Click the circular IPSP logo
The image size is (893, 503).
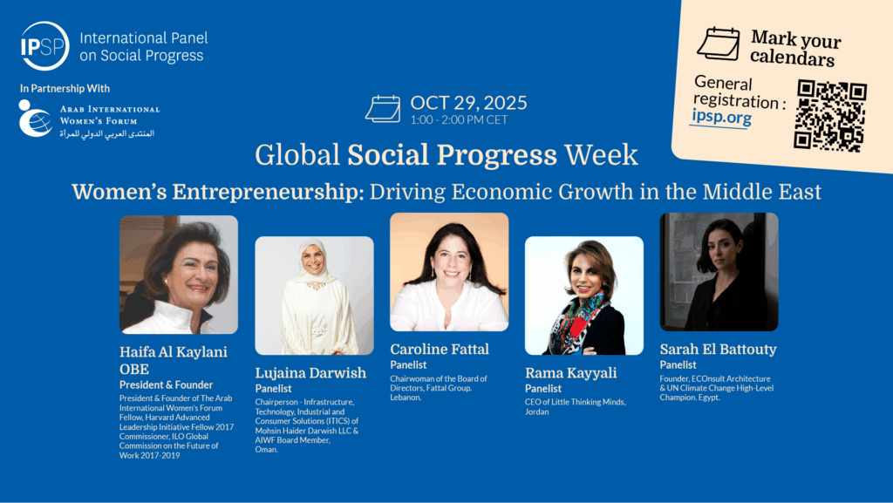[x=44, y=46]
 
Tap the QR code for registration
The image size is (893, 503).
[x=830, y=116]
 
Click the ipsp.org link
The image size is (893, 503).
[x=721, y=117]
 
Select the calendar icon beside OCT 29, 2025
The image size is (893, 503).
[x=383, y=109]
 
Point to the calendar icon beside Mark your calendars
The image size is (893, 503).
[x=719, y=44]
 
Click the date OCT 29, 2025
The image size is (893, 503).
[x=468, y=102]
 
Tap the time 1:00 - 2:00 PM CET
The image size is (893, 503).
[x=459, y=120]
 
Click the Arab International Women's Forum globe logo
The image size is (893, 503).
[x=34, y=119]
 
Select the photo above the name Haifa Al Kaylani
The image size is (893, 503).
[x=179, y=275]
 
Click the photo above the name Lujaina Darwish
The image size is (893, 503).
[x=314, y=296]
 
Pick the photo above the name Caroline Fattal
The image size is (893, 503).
[x=449, y=272]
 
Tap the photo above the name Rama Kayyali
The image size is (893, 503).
[x=584, y=296]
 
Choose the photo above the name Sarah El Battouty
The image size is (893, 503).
[x=719, y=272]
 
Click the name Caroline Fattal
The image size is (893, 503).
[x=440, y=349]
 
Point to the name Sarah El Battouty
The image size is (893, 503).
[x=719, y=350]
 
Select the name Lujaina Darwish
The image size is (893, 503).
[x=310, y=373]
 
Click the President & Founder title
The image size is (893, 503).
[x=167, y=385]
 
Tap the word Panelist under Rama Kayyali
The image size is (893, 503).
[x=543, y=389]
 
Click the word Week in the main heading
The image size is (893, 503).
[x=602, y=155]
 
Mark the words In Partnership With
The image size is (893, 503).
[x=65, y=89]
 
